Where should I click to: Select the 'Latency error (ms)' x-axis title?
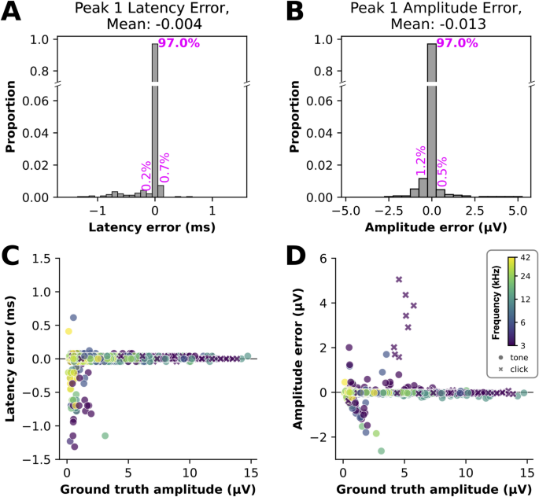[155, 229]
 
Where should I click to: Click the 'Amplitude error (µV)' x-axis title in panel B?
[430, 229]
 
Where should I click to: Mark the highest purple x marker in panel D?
[399, 279]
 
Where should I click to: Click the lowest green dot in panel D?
[381, 451]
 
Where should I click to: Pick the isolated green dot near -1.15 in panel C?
[105, 435]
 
